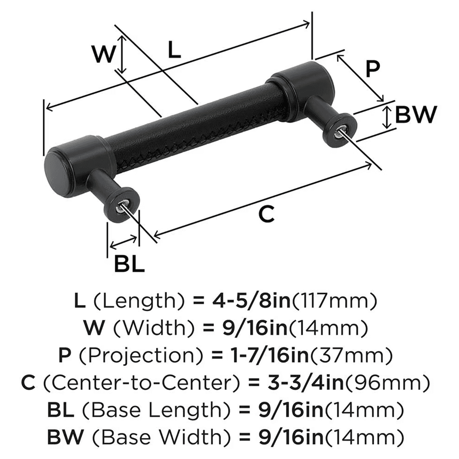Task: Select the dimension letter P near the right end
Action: (x=373, y=69)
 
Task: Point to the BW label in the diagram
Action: (x=415, y=115)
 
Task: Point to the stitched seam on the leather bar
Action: (x=197, y=142)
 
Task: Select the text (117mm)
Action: (x=335, y=301)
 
